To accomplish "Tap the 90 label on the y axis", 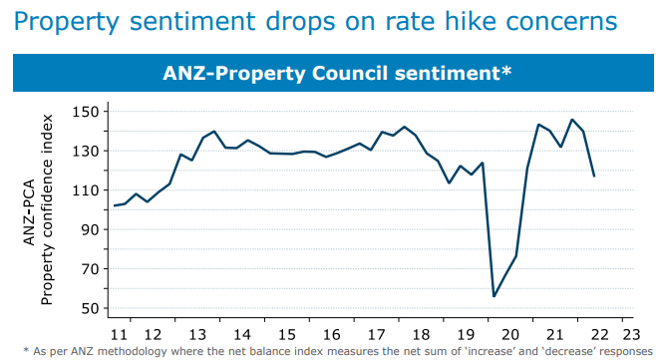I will pos(88,229).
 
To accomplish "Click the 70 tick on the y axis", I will pos(88,269).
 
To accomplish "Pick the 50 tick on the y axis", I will pos(88,308).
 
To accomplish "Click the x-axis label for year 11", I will pos(119,335).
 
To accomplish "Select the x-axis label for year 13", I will pos(196,335).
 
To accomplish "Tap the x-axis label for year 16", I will pos(332,335).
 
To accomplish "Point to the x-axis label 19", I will pos(466,335).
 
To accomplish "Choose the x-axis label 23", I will pos(629,335).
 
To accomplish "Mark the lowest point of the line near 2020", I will pos(494,296).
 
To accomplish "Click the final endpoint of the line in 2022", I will pos(594,177).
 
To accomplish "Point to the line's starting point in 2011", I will pos(115,205).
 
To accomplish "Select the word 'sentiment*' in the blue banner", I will pos(460,72).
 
